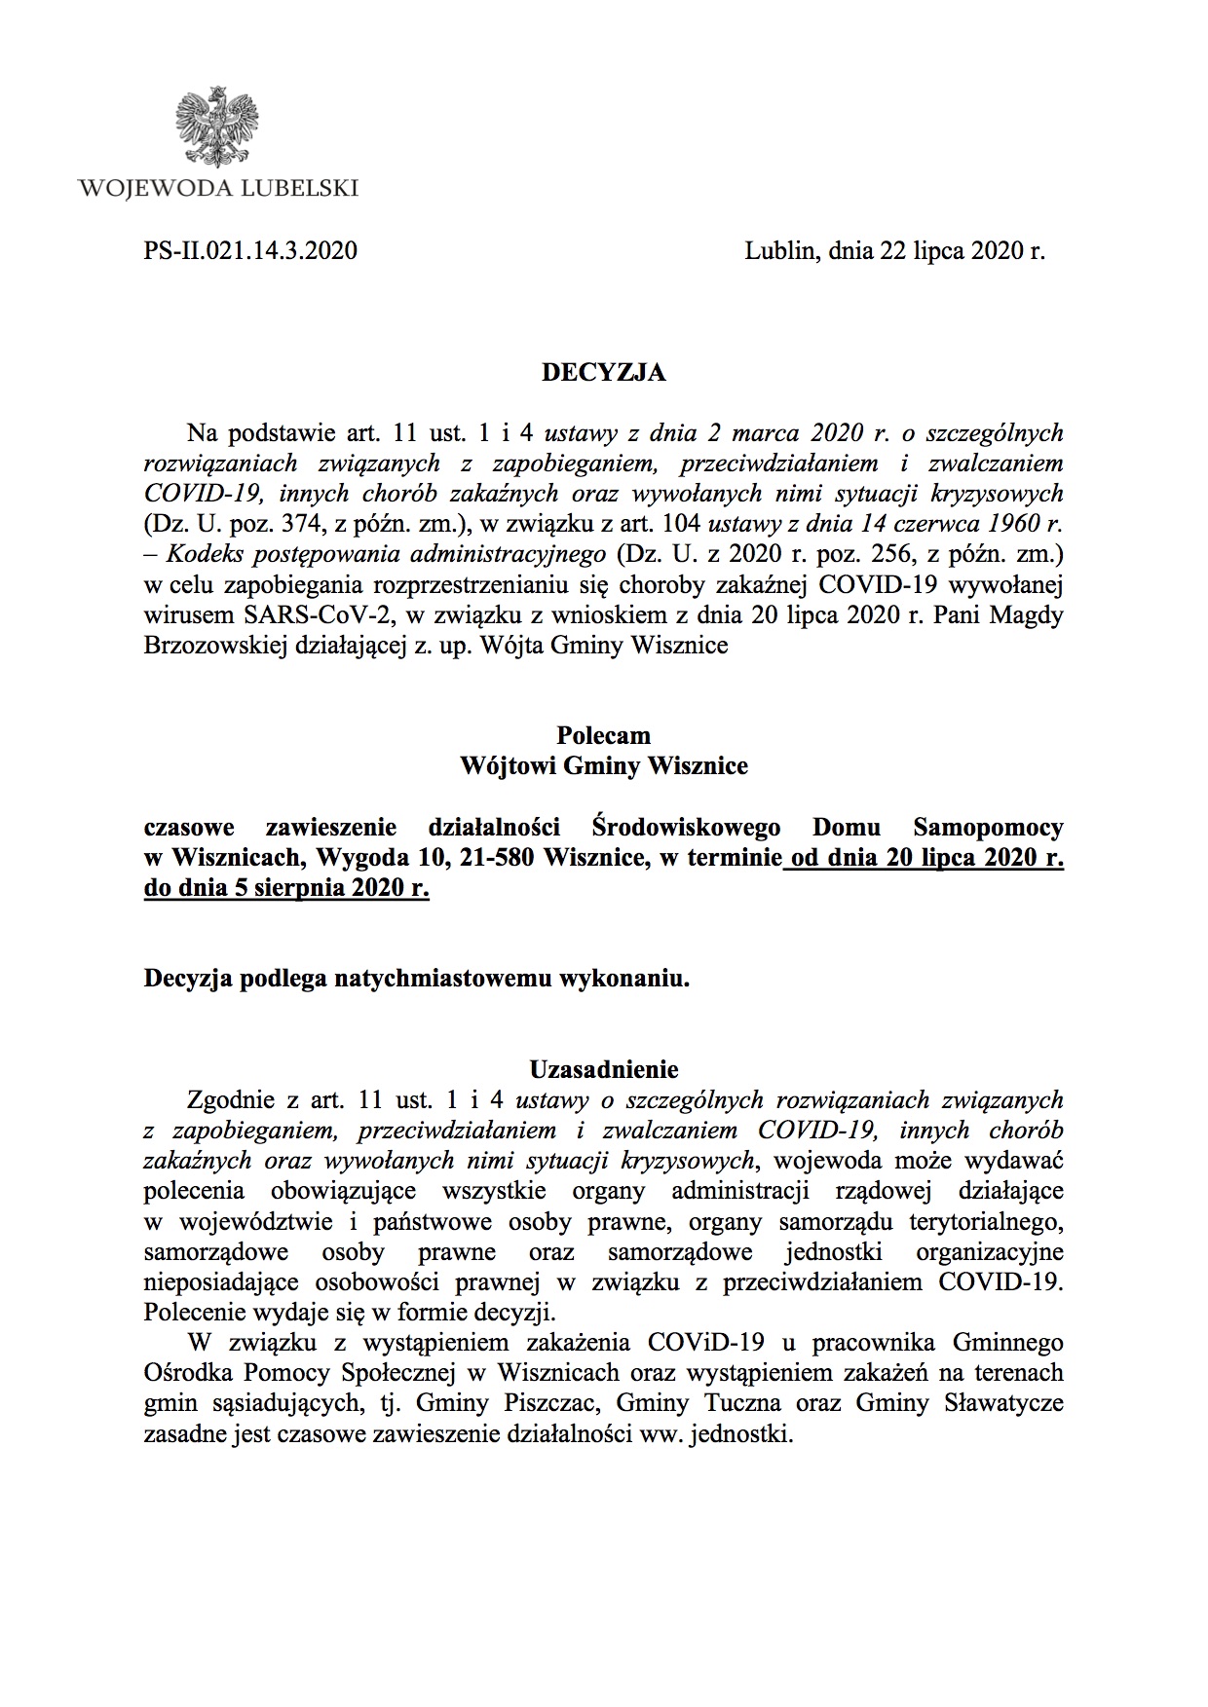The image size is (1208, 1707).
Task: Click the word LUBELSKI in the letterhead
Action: click(297, 188)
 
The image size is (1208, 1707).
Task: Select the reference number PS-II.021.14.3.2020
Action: click(250, 251)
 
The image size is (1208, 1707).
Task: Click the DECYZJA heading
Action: click(603, 372)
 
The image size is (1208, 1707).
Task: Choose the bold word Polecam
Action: click(603, 735)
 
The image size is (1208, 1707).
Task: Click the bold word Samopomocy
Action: click(988, 828)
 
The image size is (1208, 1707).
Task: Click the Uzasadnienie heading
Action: click(603, 1069)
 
